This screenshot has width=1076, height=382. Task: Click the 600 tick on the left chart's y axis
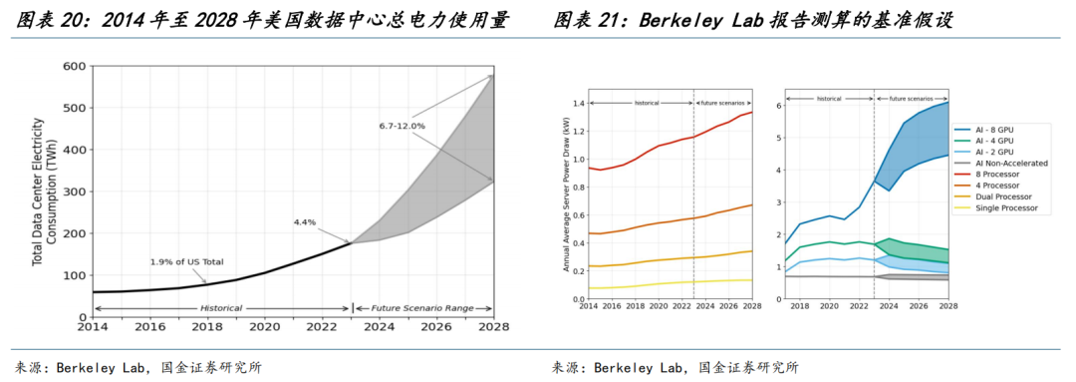[74, 67]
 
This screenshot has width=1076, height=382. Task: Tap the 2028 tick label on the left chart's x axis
[494, 326]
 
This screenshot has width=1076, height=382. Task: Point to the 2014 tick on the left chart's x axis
[92, 326]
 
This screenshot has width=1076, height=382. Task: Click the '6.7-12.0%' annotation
[402, 126]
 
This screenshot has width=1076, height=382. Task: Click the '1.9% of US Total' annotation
[186, 261]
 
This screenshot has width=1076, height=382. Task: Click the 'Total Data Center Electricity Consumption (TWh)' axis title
[44, 191]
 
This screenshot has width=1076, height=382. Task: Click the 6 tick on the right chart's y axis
[779, 105]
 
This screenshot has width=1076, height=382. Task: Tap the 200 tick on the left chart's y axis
[74, 233]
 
